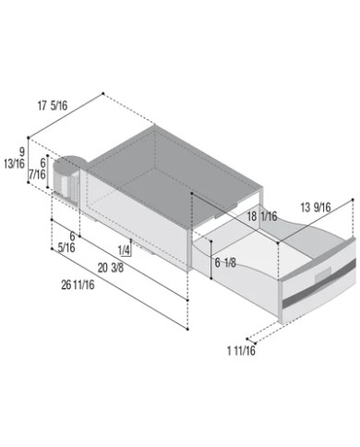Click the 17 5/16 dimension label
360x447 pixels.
(53, 106)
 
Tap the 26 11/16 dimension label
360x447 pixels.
(78, 285)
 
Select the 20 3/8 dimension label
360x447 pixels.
(111, 268)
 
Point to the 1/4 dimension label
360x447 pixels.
(124, 250)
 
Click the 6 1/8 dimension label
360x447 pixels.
(225, 262)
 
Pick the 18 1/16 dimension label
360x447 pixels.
(262, 216)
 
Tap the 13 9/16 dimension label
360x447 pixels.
(316, 207)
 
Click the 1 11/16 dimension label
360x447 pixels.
(241, 350)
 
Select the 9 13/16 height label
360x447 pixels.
(15, 158)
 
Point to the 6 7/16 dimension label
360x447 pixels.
(37, 169)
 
